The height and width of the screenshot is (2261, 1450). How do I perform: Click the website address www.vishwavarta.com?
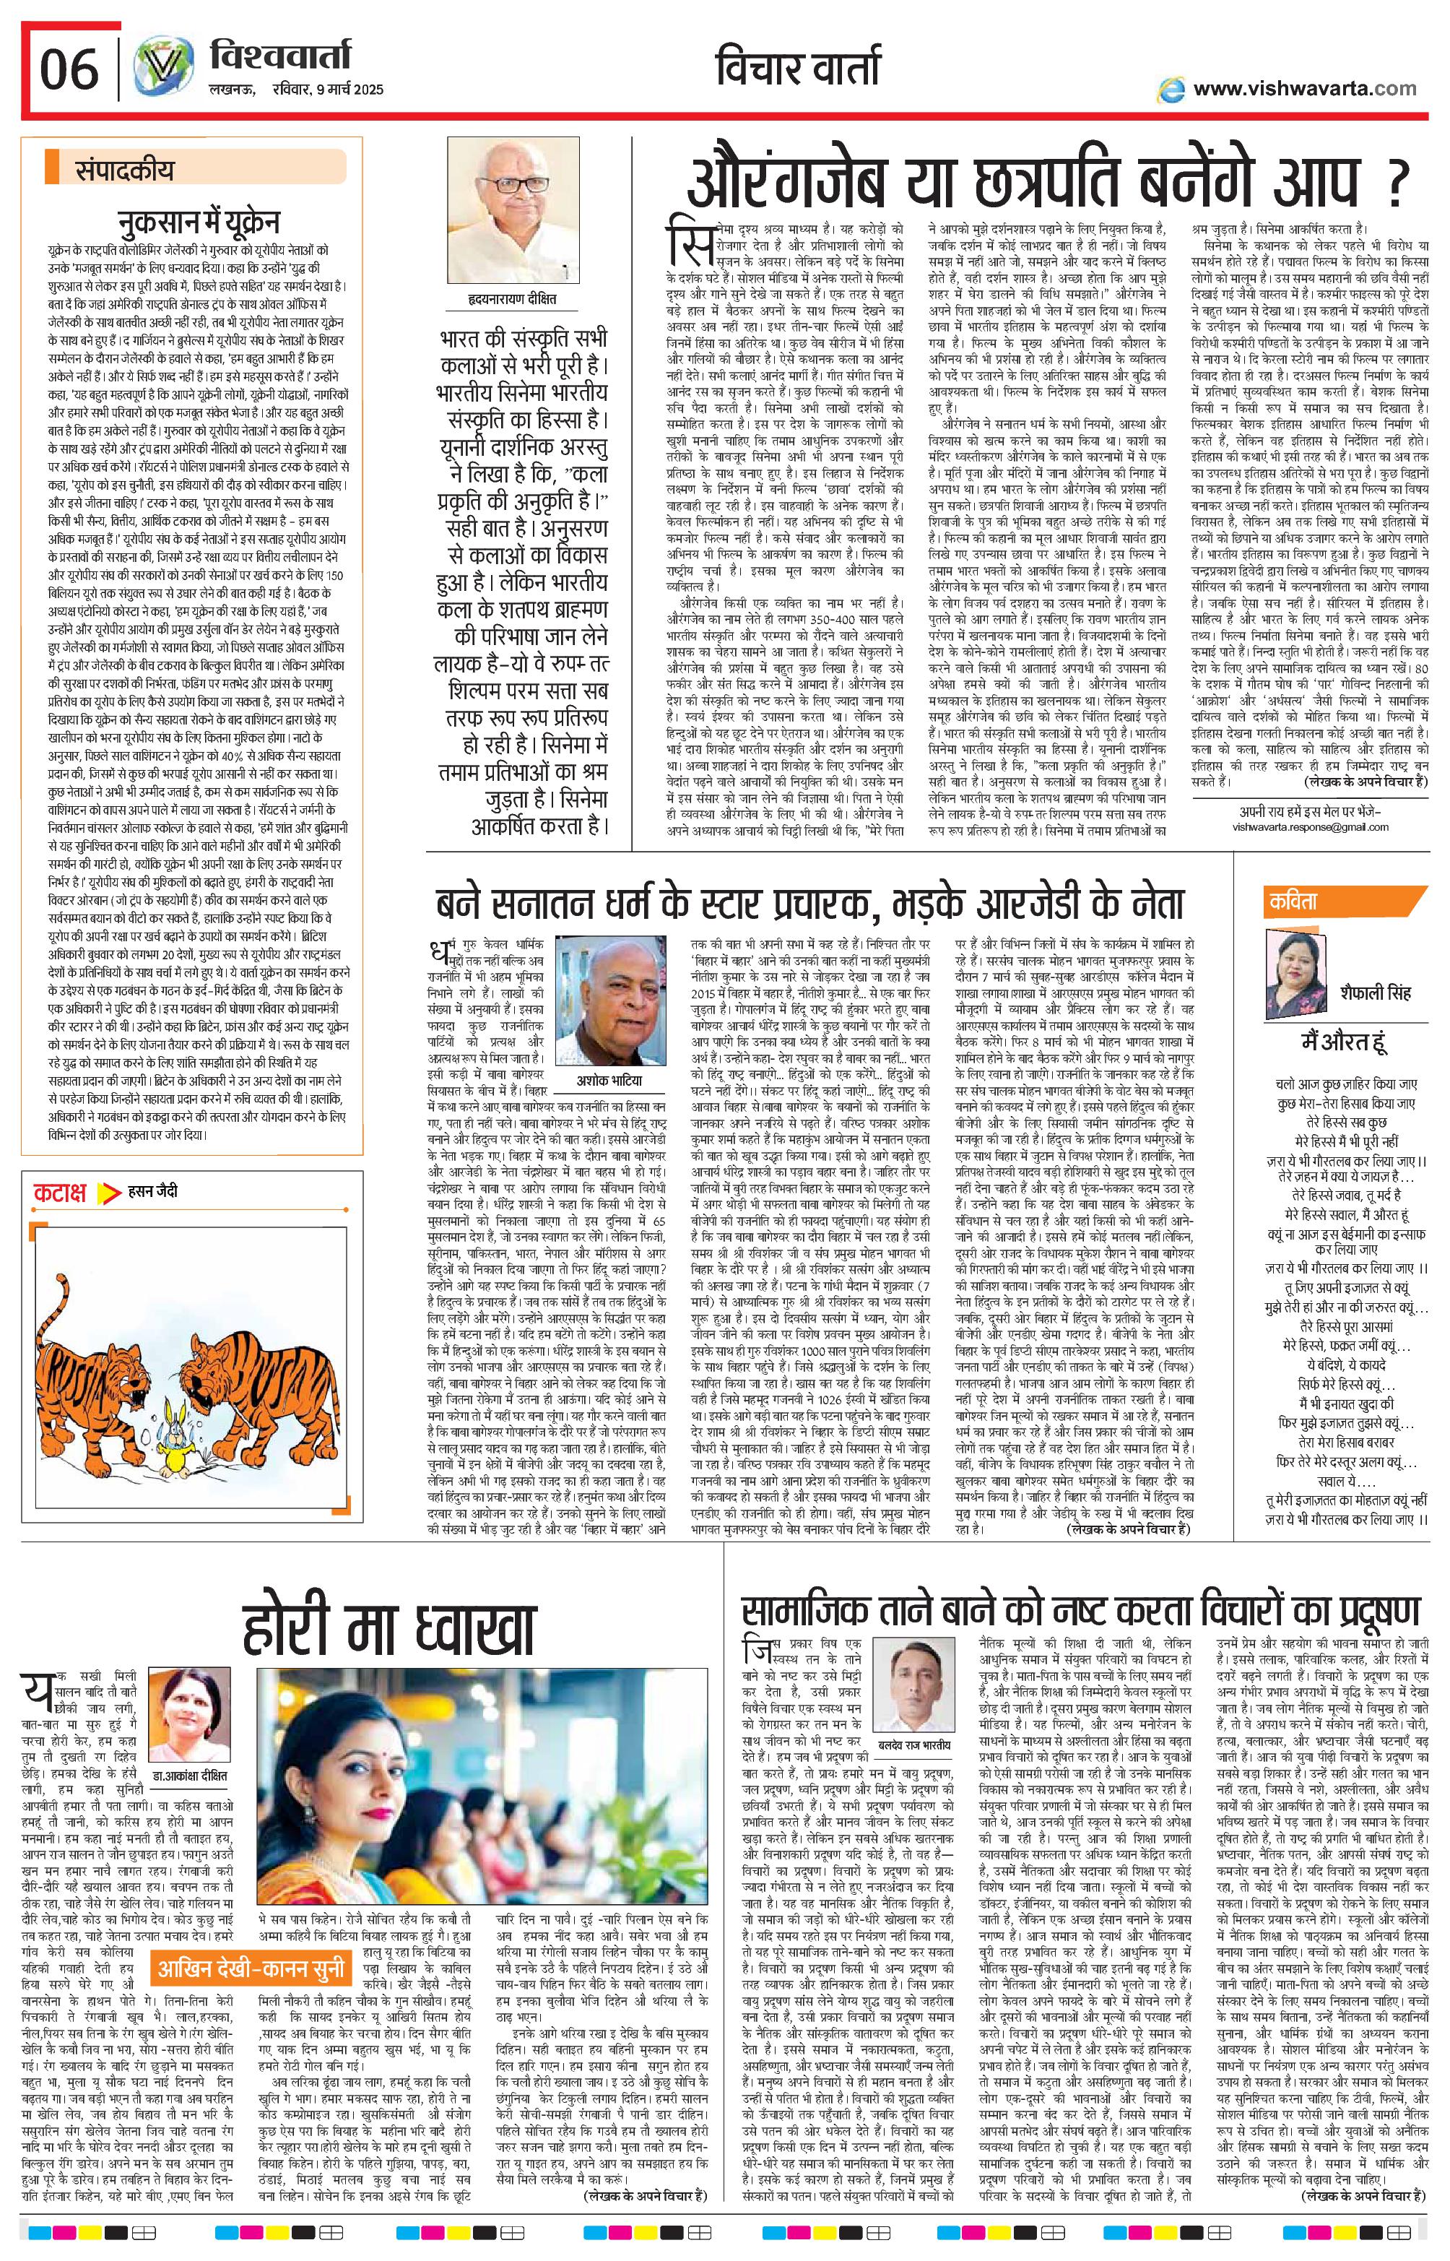click(x=1303, y=89)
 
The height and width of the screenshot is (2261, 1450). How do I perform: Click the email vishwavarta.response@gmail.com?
click(x=1310, y=827)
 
